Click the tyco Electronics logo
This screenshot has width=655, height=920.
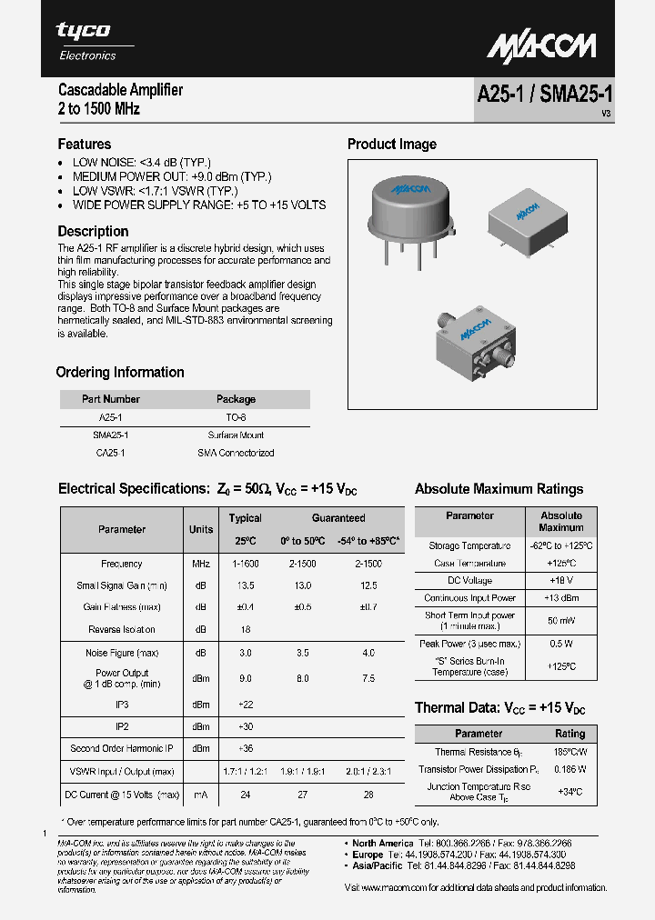click(86, 41)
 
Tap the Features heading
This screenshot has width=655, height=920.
click(85, 145)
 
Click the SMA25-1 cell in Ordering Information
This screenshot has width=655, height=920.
click(110, 435)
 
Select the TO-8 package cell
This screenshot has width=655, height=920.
click(236, 417)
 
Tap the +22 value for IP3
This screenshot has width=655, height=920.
click(246, 705)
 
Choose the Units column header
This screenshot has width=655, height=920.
click(201, 529)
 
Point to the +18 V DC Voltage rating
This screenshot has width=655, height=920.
click(560, 581)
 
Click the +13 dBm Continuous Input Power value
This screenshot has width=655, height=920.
click(560, 598)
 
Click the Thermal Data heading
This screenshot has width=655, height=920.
click(499, 708)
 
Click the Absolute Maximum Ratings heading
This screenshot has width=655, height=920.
click(499, 489)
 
